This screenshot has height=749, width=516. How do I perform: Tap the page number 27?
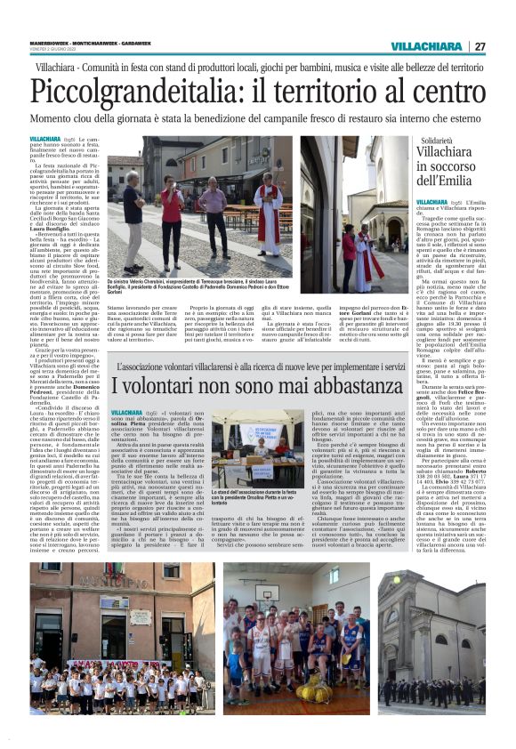tap(480, 46)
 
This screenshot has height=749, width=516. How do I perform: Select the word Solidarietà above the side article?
tap(442, 141)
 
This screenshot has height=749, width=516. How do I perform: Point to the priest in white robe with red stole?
tap(267, 213)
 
